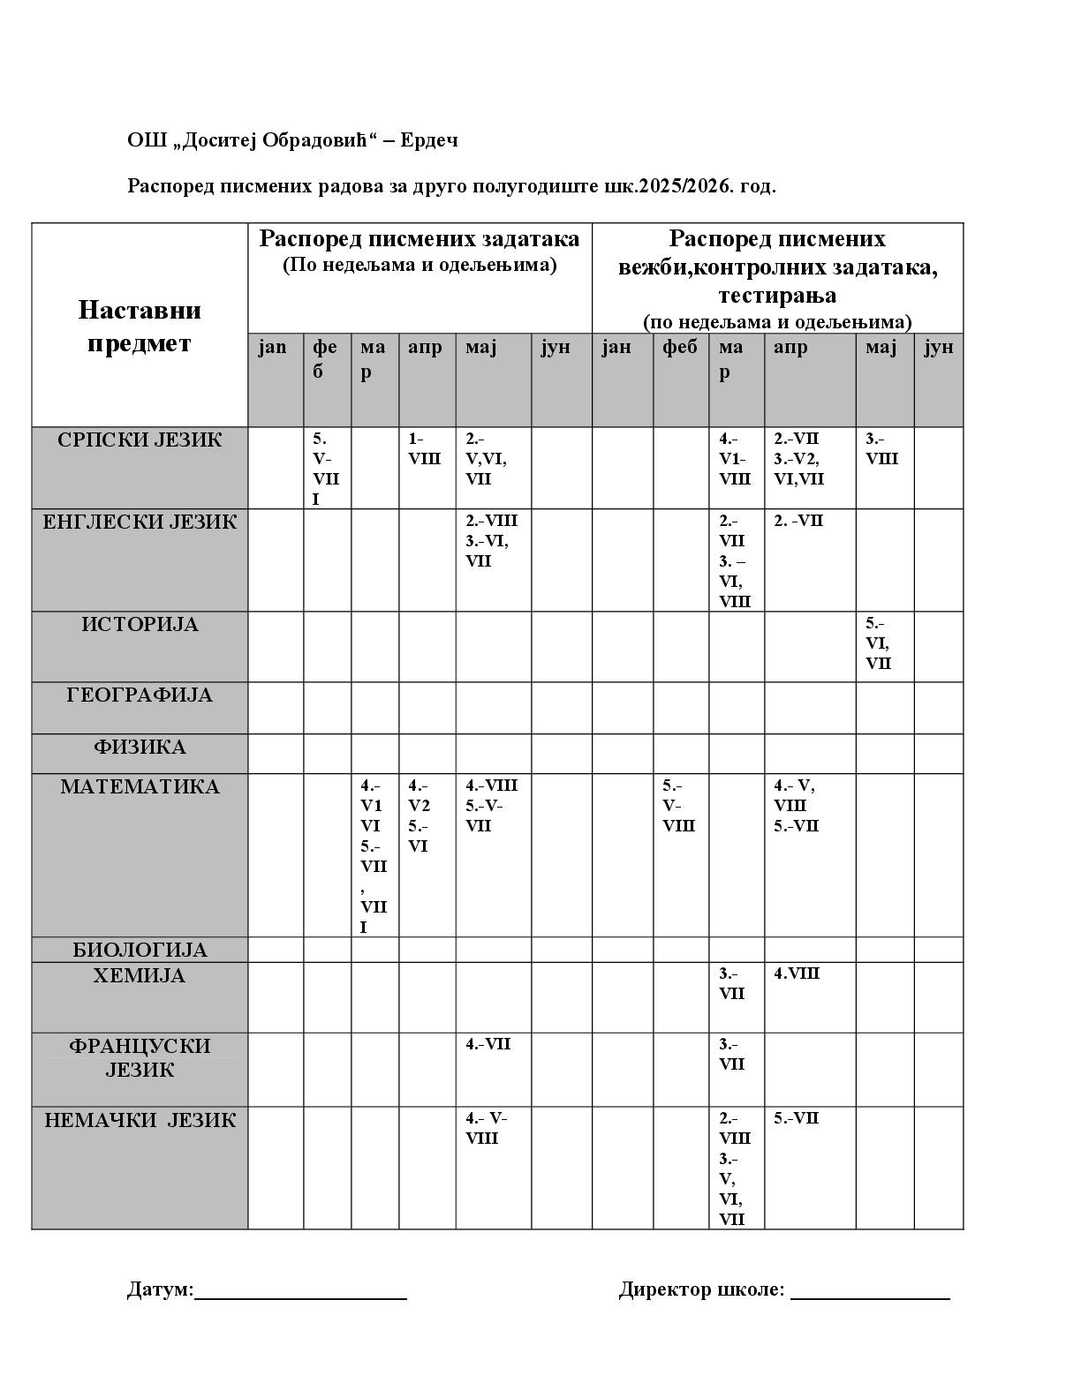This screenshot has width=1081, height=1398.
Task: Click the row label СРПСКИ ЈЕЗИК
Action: [x=140, y=440]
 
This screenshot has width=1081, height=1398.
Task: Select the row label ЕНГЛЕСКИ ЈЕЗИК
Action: [x=140, y=522]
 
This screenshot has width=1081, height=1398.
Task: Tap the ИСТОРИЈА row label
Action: [x=140, y=625]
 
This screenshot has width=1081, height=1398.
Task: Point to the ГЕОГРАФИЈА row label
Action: [x=140, y=695]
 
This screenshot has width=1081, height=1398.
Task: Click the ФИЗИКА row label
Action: [x=140, y=748]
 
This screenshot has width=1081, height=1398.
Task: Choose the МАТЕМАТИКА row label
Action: [x=140, y=787]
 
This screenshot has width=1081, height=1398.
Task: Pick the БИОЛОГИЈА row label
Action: [x=140, y=951]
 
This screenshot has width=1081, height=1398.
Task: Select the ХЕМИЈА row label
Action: [x=140, y=976]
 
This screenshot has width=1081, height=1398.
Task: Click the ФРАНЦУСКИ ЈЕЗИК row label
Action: [x=140, y=1058]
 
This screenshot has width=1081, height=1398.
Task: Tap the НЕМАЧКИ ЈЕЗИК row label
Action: [x=140, y=1121]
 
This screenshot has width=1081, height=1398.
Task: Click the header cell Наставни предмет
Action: [x=140, y=326]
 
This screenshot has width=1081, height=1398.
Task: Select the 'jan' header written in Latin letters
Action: [x=273, y=347]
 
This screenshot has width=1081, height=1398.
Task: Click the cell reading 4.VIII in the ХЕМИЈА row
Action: [x=797, y=973]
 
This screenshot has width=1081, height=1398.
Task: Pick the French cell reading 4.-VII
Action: [x=488, y=1045]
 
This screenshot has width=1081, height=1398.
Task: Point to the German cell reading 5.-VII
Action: [x=797, y=1118]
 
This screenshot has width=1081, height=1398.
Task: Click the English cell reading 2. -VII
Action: [x=798, y=521]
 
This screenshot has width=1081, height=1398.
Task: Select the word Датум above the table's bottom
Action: [x=159, y=1289]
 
